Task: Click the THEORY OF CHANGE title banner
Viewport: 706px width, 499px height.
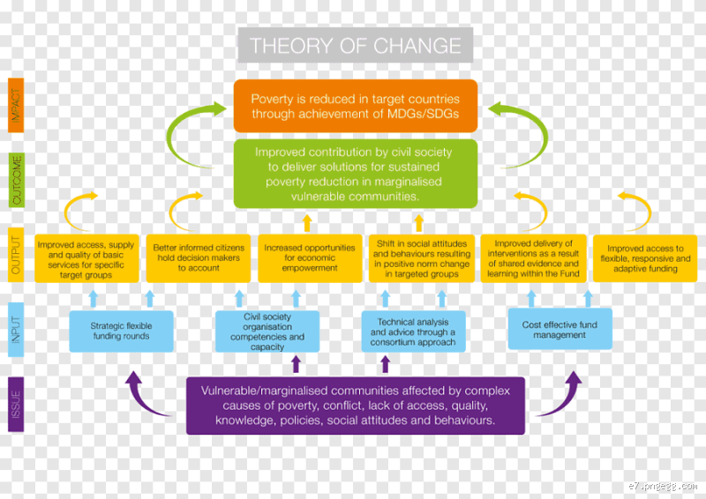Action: tap(355, 45)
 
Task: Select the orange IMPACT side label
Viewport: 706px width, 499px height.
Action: tap(16, 106)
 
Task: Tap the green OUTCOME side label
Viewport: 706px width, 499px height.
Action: tap(16, 179)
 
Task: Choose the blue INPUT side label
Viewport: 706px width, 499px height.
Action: tap(16, 328)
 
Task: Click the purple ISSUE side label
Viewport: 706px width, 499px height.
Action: tap(16, 404)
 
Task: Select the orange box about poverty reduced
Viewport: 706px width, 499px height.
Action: tap(355, 106)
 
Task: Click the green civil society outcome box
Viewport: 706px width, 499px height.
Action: tap(355, 174)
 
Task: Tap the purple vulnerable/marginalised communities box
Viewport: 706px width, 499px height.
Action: tap(355, 406)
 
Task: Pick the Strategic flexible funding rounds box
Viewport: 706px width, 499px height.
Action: tap(121, 331)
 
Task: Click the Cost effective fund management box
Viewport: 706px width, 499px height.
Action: tap(560, 330)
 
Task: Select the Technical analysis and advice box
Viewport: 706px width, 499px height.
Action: tap(413, 331)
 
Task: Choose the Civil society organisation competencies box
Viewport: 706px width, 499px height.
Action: tap(267, 331)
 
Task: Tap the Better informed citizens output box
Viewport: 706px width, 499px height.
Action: tap(199, 257)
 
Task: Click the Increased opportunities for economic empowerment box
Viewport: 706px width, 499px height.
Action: tap(310, 257)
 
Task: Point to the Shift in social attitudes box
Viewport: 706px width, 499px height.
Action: tap(422, 257)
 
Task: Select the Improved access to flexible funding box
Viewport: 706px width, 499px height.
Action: tap(646, 257)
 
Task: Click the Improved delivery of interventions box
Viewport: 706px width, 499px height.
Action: tap(534, 257)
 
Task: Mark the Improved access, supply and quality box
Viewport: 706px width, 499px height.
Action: tap(86, 257)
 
